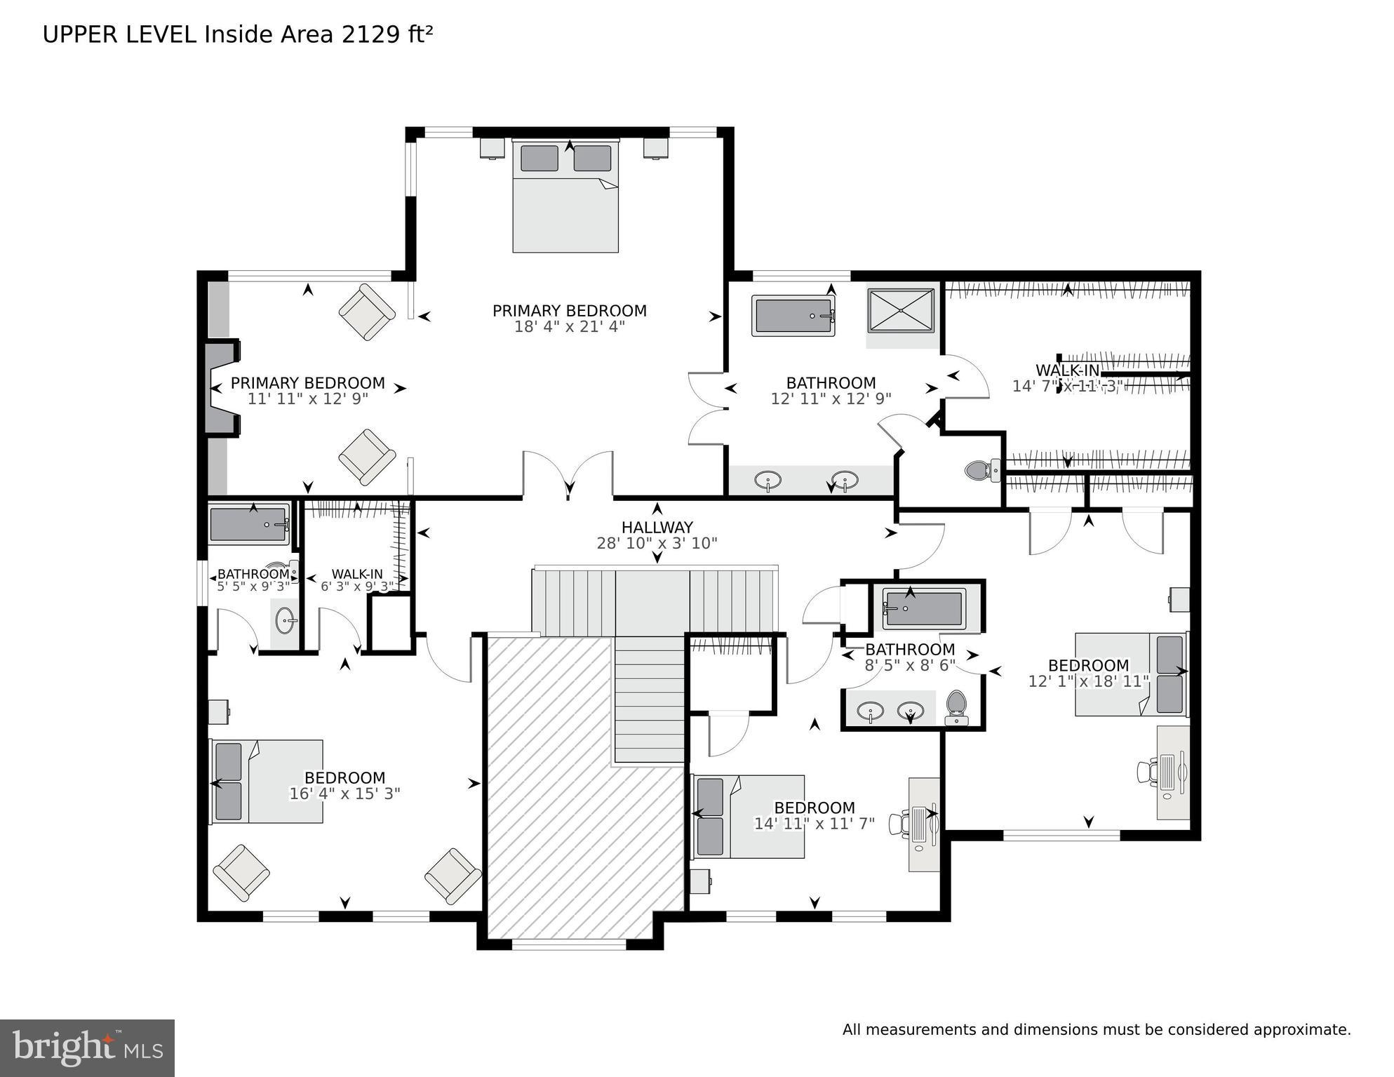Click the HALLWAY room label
(657, 527)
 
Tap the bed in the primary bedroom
(565, 196)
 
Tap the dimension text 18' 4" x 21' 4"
(569, 327)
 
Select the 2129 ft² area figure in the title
(387, 34)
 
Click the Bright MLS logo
(87, 1048)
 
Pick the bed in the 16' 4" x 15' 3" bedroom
(267, 781)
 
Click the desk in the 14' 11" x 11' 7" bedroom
(924, 824)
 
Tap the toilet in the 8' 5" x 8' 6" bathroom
(956, 707)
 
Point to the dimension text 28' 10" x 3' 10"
(657, 543)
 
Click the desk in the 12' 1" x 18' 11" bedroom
(1173, 772)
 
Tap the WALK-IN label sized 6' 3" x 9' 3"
(357, 574)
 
